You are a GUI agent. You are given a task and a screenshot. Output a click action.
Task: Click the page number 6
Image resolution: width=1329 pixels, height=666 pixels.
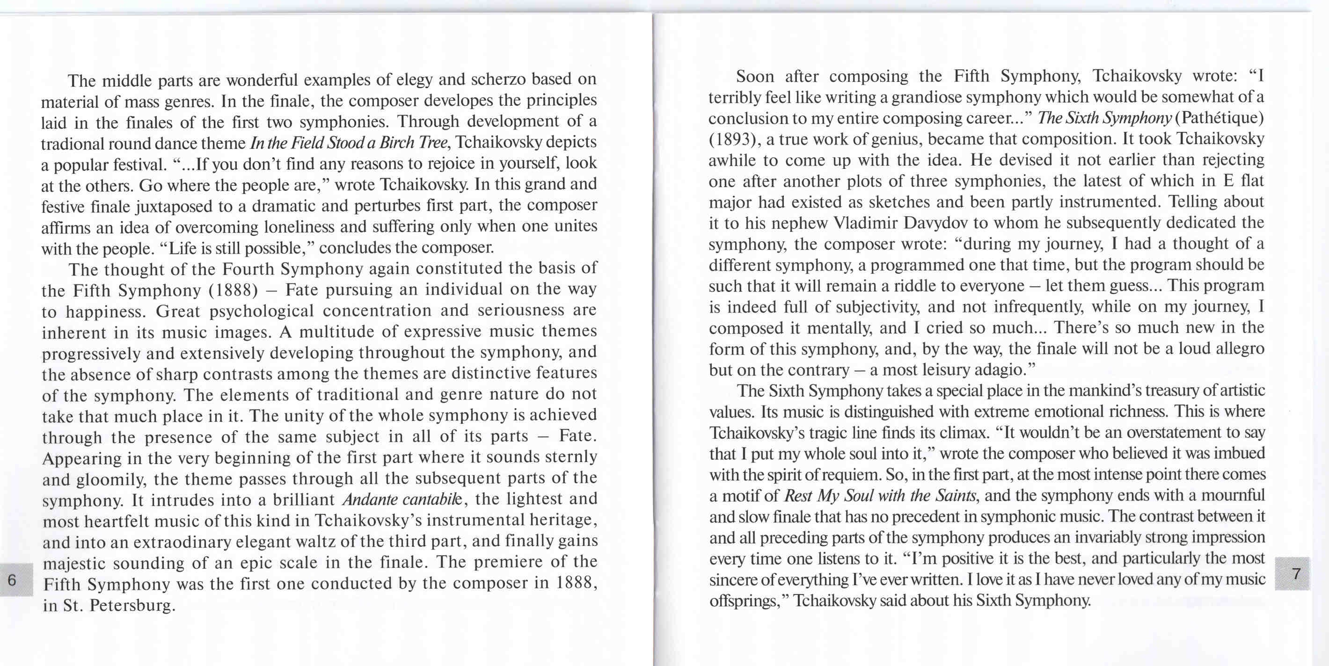click(x=12, y=579)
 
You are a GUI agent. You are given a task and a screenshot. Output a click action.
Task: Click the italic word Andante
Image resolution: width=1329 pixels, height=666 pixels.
click(x=369, y=499)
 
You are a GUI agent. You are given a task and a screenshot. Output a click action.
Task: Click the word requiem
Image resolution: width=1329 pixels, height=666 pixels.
click(x=850, y=475)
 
